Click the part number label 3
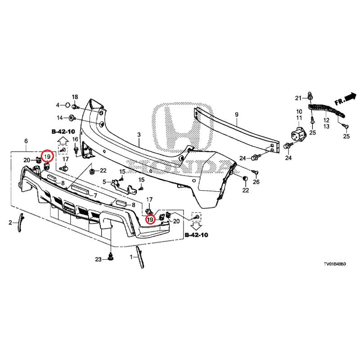(139, 135)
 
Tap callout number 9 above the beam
(237, 115)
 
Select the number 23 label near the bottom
(99, 259)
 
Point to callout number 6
(26, 141)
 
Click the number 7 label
(95, 196)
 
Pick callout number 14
(60, 118)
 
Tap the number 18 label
(75, 97)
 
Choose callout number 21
(297, 98)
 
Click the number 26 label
(256, 182)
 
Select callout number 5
(104, 182)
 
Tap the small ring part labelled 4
(67, 105)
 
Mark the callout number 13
(326, 127)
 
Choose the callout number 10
(299, 112)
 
